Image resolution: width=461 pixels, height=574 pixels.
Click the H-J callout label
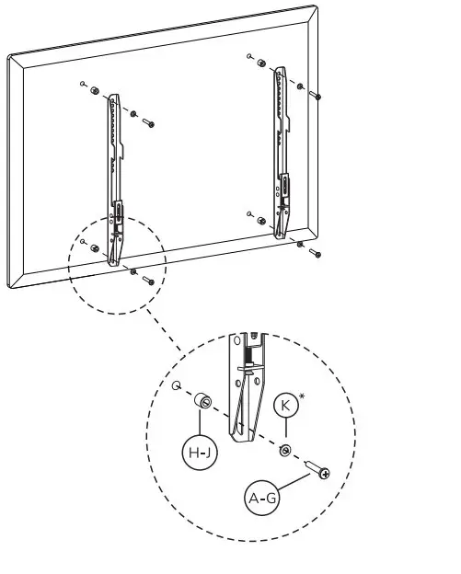point(199,452)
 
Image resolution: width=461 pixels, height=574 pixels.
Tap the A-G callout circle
point(262,499)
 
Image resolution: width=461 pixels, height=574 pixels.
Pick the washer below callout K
point(286,450)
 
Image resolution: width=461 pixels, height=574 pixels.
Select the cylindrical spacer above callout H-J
point(202,402)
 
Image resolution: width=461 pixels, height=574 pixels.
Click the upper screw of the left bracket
point(148,123)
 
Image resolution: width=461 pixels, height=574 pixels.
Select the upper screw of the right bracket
point(316,95)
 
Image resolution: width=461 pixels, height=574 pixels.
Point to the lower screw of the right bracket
point(315,252)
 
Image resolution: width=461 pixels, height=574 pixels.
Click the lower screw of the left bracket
point(147,281)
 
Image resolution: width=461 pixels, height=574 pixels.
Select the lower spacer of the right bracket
point(261,221)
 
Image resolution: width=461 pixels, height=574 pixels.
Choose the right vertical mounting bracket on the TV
point(282,147)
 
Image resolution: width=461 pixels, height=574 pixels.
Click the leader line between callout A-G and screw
point(292,484)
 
